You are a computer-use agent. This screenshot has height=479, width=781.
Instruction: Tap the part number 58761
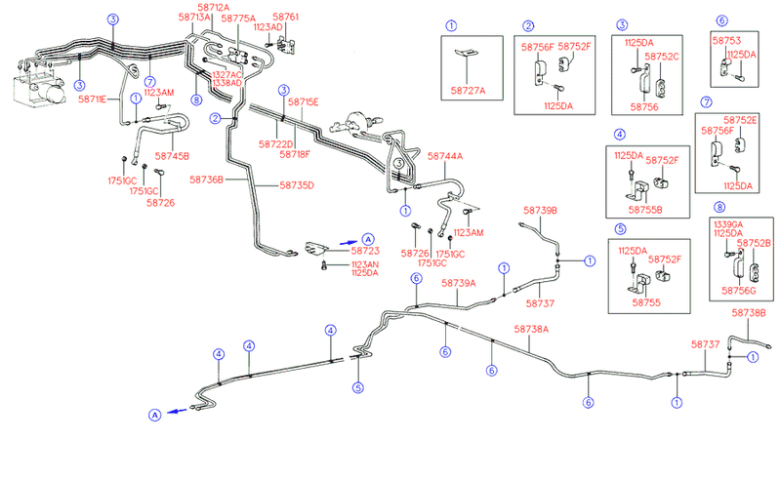coord(285,18)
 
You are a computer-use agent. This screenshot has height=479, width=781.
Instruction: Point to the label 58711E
coord(94,100)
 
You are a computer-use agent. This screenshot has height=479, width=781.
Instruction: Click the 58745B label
coord(173,155)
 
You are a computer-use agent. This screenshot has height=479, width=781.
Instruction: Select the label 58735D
coord(297,184)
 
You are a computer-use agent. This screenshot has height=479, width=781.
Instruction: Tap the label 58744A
coord(445,156)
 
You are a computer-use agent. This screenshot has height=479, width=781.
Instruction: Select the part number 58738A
coord(532,330)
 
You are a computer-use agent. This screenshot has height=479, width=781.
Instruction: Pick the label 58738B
coord(749,312)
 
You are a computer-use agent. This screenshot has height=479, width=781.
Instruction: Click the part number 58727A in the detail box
coord(469,91)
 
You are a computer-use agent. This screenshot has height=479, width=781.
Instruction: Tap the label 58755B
coord(646,209)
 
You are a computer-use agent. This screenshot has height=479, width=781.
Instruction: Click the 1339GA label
coord(729,222)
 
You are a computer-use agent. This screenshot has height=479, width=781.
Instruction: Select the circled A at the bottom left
coord(154,416)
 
